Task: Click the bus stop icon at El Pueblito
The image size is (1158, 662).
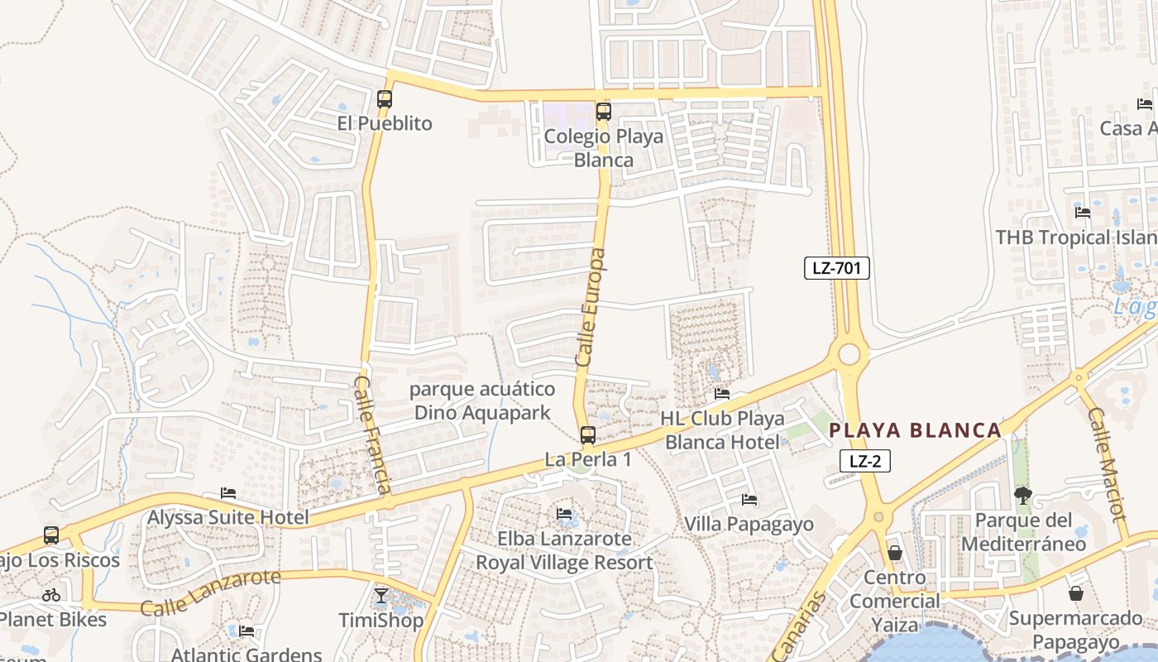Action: pos(385,99)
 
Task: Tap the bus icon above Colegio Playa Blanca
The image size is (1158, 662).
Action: pos(604,112)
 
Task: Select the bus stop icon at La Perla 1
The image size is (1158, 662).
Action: pos(588,435)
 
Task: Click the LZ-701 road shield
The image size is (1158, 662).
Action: pos(836,267)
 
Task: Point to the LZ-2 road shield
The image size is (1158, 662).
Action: pos(865,461)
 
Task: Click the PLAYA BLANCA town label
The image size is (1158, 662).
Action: pos(915,430)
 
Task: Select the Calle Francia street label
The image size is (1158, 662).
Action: pos(373,434)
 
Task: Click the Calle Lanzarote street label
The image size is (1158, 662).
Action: pos(210,592)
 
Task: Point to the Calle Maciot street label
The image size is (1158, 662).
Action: pos(1107,463)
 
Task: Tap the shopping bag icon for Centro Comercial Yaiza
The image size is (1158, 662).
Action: pos(894,553)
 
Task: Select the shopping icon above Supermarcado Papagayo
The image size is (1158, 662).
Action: pos(1076,593)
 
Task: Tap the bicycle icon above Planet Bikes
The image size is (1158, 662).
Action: pos(51,595)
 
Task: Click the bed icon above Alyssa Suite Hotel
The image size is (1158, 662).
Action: pos(228,493)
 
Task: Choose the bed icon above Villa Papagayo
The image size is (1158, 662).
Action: pos(749,500)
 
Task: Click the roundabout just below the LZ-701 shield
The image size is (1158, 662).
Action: pos(849,355)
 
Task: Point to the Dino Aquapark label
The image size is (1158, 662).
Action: pos(482,401)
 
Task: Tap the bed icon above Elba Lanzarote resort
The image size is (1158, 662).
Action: pos(564,514)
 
